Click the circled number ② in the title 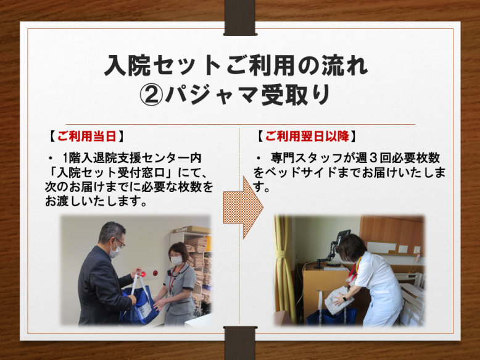(151, 95)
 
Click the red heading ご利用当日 (86, 136)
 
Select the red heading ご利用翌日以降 (307, 136)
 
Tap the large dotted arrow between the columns (243, 207)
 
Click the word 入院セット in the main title (162, 65)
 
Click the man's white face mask (115, 251)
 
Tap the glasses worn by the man (120, 243)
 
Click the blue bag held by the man (139, 305)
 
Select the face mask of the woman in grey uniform (176, 261)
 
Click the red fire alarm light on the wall (155, 272)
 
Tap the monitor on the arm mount (343, 238)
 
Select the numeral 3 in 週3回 (373, 158)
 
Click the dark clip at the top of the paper (240, 18)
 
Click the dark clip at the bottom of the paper (240, 343)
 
